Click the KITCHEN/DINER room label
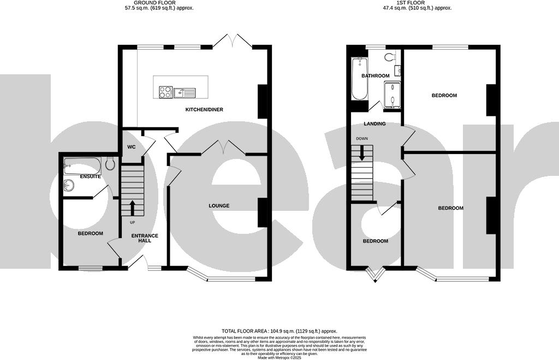(x=204, y=110)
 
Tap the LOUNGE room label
(x=218, y=206)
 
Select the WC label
(x=131, y=147)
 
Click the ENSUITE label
(x=90, y=177)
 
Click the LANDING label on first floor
(x=374, y=124)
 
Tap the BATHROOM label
(x=375, y=76)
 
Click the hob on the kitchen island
(x=165, y=92)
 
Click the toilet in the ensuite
(x=110, y=163)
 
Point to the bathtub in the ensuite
(x=82, y=163)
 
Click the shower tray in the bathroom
(x=391, y=95)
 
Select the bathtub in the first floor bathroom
(x=359, y=79)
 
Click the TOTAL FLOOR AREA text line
(x=279, y=332)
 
